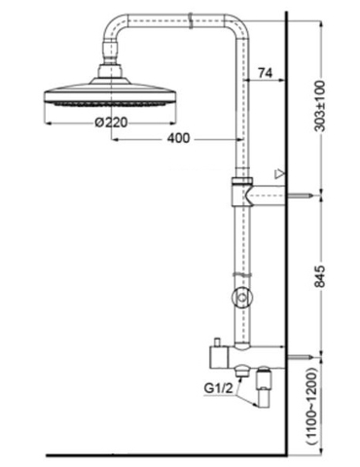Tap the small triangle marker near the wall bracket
pos(279,175)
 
